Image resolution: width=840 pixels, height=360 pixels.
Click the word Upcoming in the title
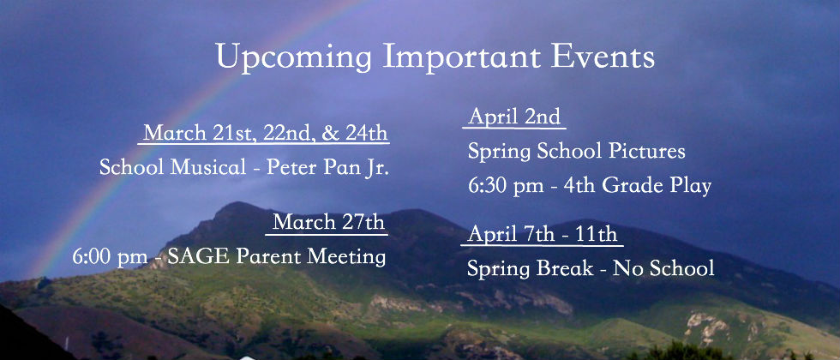pyautogui.click(x=294, y=57)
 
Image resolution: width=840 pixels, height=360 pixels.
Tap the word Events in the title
pyautogui.click(x=603, y=56)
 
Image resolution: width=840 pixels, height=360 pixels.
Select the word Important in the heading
pyautogui.click(x=462, y=57)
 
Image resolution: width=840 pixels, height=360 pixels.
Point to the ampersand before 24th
pyautogui.click(x=331, y=134)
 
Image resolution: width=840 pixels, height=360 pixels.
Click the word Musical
pyautogui.click(x=208, y=168)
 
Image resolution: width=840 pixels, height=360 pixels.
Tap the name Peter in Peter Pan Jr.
pyautogui.click(x=291, y=168)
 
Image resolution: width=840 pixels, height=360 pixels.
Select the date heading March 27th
pyautogui.click(x=328, y=222)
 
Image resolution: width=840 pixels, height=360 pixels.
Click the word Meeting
pyautogui.click(x=346, y=258)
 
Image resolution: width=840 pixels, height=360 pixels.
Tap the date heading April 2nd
pyautogui.click(x=514, y=117)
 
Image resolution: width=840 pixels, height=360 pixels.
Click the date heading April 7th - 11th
pyautogui.click(x=542, y=234)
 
